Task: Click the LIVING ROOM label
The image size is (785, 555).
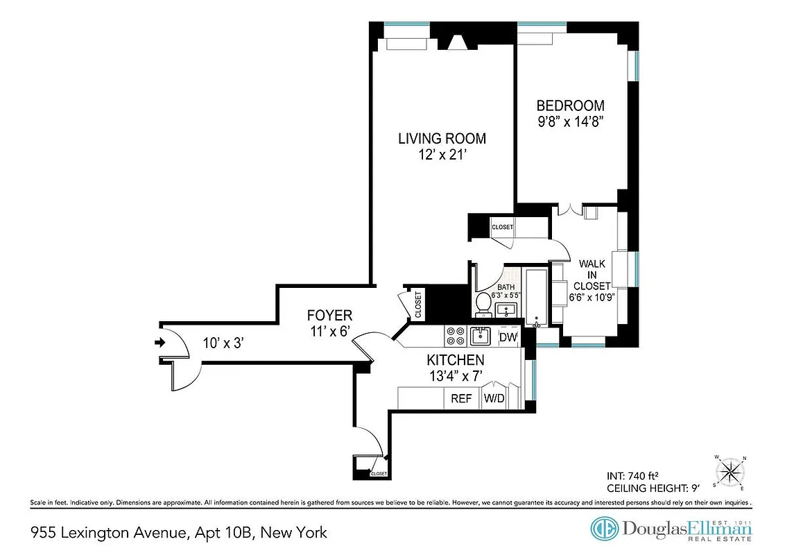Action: (442, 138)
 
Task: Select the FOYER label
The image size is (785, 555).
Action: (329, 315)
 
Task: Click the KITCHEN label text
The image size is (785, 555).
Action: (455, 360)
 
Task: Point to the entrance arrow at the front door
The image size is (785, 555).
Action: (160, 342)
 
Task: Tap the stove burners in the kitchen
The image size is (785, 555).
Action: (455, 336)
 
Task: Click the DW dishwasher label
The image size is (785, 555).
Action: (508, 338)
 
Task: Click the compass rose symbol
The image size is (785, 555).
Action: (730, 473)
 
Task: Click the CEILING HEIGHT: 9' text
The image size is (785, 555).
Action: (651, 488)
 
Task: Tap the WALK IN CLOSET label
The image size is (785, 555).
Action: (595, 274)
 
